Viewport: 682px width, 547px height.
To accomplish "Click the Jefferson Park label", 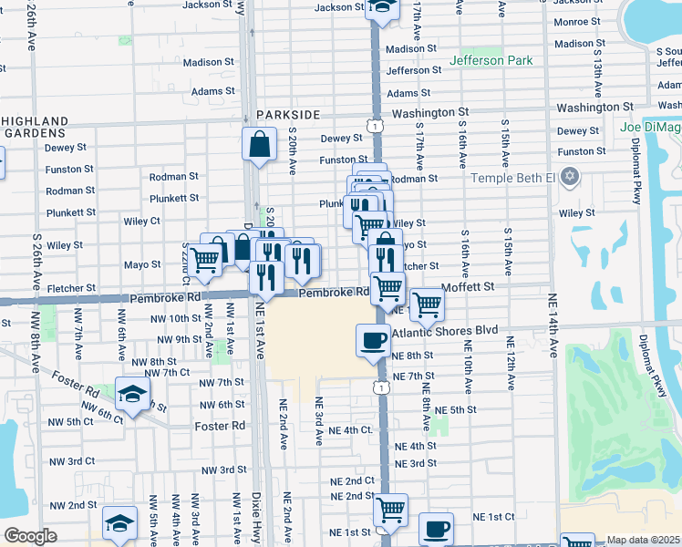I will click(x=489, y=61).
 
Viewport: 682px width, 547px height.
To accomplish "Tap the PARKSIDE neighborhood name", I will click(x=288, y=114).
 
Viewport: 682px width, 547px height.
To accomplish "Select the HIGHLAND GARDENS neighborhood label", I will click(x=35, y=127).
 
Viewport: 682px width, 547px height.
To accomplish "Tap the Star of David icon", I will click(x=571, y=175).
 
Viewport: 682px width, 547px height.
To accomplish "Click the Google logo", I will click(x=30, y=536).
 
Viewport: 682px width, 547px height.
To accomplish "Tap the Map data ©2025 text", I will click(x=643, y=540).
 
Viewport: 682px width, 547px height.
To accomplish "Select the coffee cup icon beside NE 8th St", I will click(x=371, y=341).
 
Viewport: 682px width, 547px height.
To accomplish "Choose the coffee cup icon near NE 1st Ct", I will click(x=436, y=528).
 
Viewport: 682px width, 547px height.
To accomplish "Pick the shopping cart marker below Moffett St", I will click(x=426, y=304).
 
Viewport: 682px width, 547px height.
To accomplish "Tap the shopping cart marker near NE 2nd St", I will click(x=391, y=510).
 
